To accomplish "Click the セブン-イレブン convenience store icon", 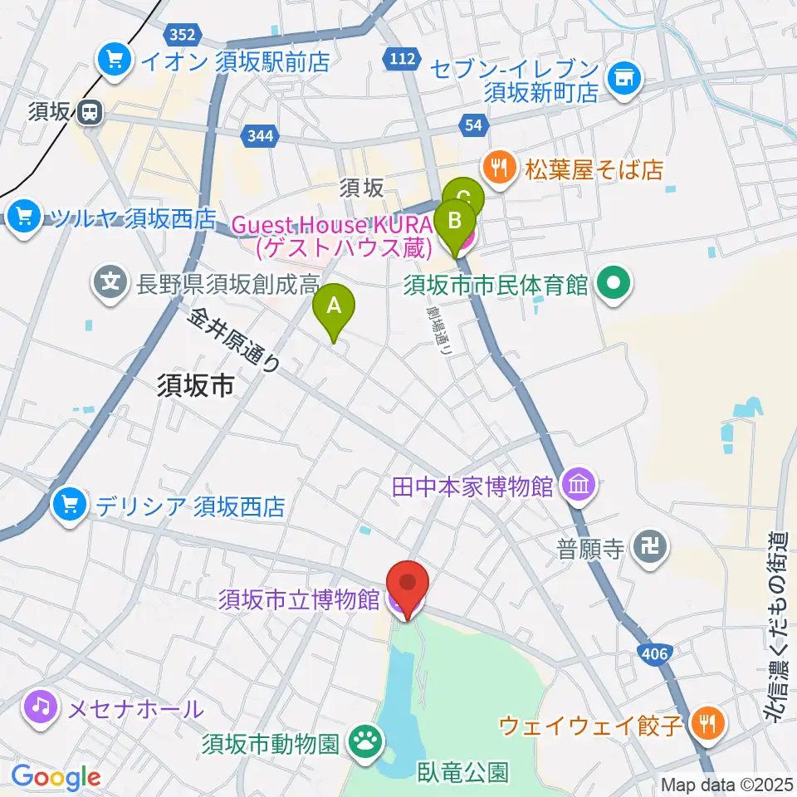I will click(x=623, y=80).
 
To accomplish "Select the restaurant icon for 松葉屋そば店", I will click(x=498, y=169).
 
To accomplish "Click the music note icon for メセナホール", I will click(x=42, y=708).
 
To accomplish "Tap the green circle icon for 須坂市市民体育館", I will click(x=614, y=286).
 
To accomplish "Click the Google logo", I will click(x=56, y=776).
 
